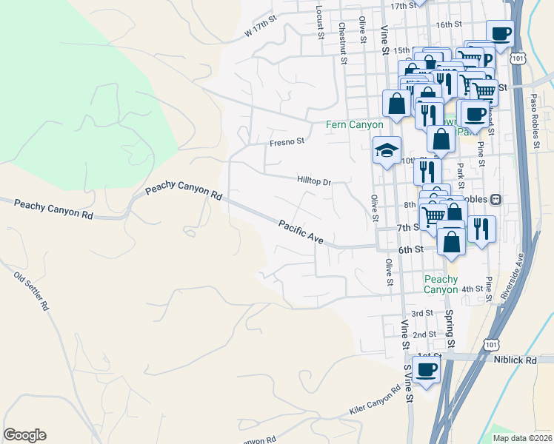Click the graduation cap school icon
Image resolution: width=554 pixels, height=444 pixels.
click(x=386, y=151)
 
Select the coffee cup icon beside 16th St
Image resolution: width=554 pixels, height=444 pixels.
click(x=500, y=33)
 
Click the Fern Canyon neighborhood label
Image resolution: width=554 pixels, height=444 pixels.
click(x=355, y=125)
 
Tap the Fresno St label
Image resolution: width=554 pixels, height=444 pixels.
click(x=287, y=141)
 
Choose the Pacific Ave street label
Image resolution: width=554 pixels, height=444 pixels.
click(x=301, y=231)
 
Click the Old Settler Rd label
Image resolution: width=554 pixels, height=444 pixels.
click(x=31, y=291)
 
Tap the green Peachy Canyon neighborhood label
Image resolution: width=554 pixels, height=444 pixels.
click(x=441, y=284)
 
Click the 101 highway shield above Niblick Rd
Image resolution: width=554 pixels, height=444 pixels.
click(x=490, y=345)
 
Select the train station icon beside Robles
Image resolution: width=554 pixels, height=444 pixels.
click(x=496, y=200)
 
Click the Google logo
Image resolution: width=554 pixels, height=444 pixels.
click(x=24, y=435)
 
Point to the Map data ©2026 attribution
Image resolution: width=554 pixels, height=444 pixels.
click(x=521, y=438)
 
